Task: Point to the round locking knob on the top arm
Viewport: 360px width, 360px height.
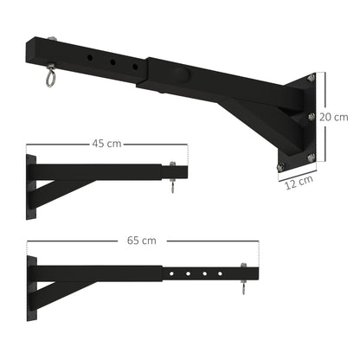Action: [177, 73]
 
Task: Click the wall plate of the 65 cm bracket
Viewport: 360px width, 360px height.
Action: [30, 281]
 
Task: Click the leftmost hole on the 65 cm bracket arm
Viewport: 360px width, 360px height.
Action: [174, 274]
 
